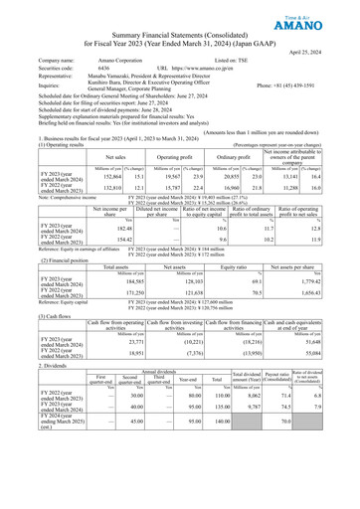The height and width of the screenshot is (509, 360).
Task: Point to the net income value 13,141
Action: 306,175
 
